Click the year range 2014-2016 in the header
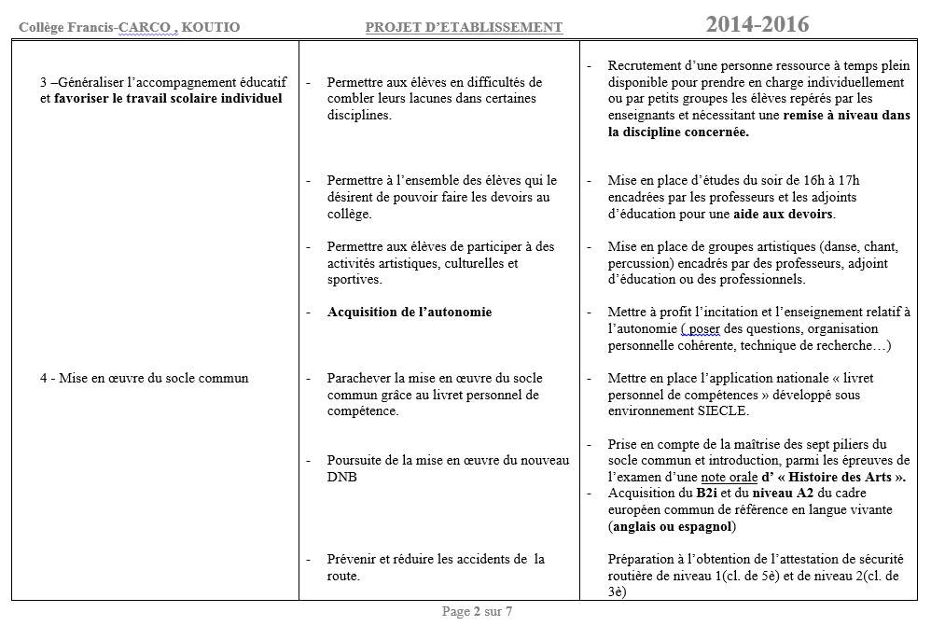point(757,25)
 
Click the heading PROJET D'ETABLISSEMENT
point(465,27)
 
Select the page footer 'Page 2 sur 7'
point(477,612)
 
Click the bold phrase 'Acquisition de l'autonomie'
point(410,312)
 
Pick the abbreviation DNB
point(341,477)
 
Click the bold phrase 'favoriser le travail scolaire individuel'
point(168,98)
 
